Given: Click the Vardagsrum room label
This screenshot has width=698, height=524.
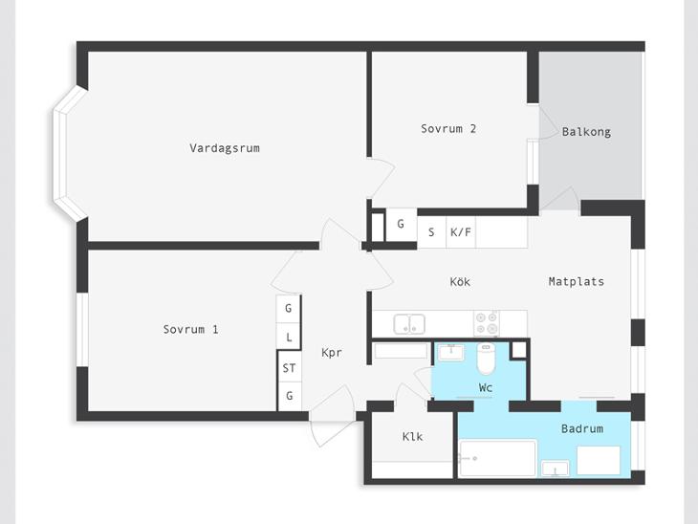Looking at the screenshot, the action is click(x=225, y=148).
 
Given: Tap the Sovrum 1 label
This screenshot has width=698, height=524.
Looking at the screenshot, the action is click(x=190, y=330).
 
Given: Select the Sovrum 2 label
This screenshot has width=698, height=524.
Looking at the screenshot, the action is click(x=448, y=129).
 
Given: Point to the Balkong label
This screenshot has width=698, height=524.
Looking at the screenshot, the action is click(x=586, y=132).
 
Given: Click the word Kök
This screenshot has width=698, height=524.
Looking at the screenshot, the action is click(x=460, y=281).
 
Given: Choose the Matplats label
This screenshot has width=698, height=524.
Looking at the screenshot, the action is click(x=576, y=281).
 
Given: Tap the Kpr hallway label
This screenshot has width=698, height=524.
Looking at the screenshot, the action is click(x=332, y=353).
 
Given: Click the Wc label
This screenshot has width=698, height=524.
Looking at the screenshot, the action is click(x=485, y=387).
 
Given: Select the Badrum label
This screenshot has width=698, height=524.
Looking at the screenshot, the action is click(x=582, y=428).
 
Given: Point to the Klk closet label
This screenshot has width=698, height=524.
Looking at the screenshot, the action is click(x=412, y=436).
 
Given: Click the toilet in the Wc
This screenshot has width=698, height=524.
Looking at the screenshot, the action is click(x=486, y=359).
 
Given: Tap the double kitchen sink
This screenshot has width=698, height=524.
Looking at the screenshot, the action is click(x=409, y=323).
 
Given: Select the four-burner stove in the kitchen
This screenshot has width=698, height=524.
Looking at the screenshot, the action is click(x=486, y=323).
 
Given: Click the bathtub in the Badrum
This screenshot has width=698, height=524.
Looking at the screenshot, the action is click(x=497, y=458).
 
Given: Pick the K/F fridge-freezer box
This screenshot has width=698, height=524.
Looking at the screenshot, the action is click(x=461, y=232).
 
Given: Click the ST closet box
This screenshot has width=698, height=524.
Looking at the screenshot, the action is click(x=290, y=368).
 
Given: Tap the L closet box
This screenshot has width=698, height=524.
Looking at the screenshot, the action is click(x=289, y=337).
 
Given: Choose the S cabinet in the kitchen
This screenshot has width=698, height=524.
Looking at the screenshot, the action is click(x=431, y=232).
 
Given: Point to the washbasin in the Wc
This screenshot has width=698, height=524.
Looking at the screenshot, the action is click(x=451, y=353).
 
